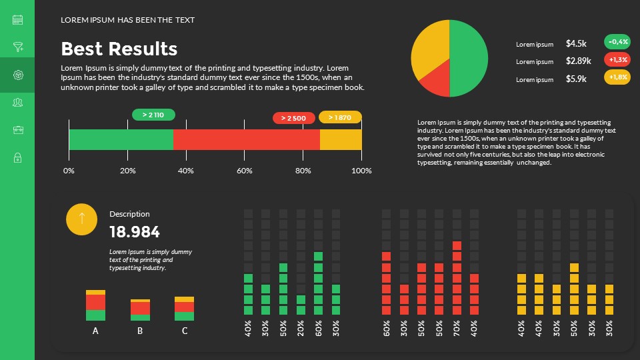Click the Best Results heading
coord(119,49)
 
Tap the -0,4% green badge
coord(617,41)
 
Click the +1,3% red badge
coord(617,59)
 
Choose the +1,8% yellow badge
coord(617,77)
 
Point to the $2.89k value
coord(578,61)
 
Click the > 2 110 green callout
coord(153,115)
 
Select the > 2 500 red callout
coord(293,118)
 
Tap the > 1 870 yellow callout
coord(340,117)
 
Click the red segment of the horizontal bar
coord(247,140)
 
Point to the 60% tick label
coord(245,171)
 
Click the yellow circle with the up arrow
coord(82,219)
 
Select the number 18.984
coord(135,232)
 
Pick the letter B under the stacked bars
coord(140,331)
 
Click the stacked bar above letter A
coord(95,305)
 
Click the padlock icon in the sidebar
coord(17,157)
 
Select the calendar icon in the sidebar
coord(17,20)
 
